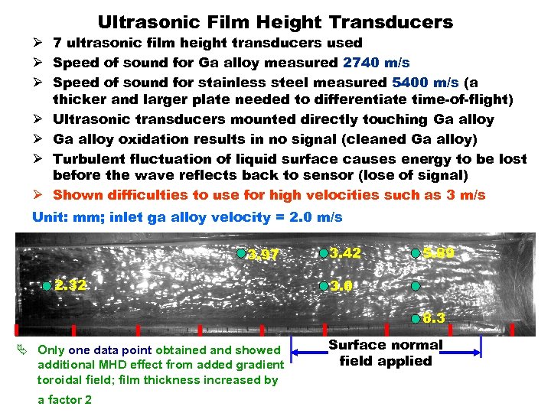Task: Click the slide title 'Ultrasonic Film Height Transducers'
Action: click(x=275, y=22)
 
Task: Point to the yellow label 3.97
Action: click(x=264, y=255)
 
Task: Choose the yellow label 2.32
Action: click(x=71, y=285)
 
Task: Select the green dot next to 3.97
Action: click(x=241, y=253)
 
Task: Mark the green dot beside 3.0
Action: click(x=324, y=286)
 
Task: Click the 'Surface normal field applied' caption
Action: click(x=385, y=353)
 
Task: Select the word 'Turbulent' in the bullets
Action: click(x=91, y=158)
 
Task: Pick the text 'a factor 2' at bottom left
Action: click(x=65, y=399)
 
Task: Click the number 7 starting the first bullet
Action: click(x=57, y=44)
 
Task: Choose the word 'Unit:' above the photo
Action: click(x=49, y=217)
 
